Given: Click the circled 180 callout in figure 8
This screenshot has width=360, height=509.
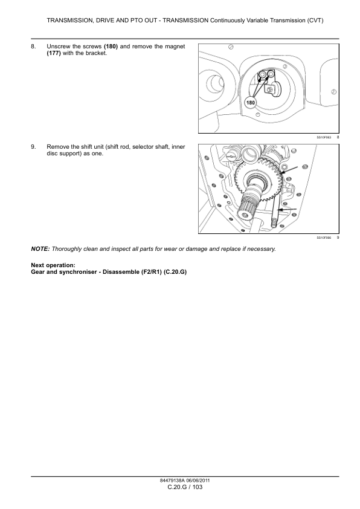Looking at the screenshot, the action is pyautogui.click(x=251, y=103).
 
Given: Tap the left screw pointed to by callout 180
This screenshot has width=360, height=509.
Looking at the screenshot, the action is pyautogui.click(x=262, y=75).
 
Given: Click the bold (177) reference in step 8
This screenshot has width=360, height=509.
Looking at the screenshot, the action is pyautogui.click(x=54, y=53).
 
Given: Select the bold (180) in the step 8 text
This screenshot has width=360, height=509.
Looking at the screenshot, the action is pyautogui.click(x=111, y=47).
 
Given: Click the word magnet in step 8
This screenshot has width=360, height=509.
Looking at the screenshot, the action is pyautogui.click(x=175, y=47).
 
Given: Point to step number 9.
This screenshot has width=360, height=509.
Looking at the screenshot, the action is pyautogui.click(x=33, y=147).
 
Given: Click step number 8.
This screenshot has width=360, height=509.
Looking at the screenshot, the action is pyautogui.click(x=33, y=47).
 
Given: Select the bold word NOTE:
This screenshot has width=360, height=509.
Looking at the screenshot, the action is pyautogui.click(x=40, y=249).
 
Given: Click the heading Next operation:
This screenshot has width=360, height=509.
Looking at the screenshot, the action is pyautogui.click(x=53, y=265).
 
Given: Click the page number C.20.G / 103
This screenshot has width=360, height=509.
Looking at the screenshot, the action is pyautogui.click(x=185, y=487).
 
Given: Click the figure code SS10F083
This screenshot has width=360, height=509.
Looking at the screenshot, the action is pyautogui.click(x=324, y=137).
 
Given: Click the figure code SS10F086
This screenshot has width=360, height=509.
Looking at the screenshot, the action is pyautogui.click(x=324, y=238).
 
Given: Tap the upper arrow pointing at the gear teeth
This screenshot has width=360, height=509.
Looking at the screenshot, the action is pyautogui.click(x=289, y=170).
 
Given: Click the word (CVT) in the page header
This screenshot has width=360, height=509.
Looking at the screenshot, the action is pyautogui.click(x=315, y=21).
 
